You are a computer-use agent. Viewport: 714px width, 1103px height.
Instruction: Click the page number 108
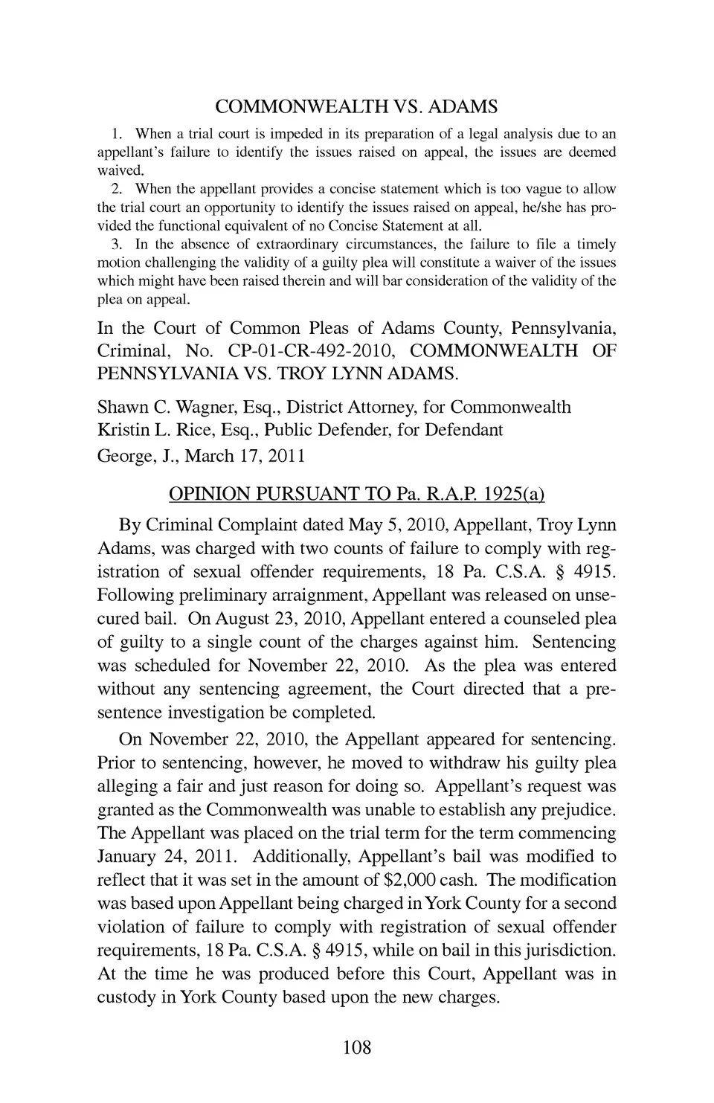tap(356, 1048)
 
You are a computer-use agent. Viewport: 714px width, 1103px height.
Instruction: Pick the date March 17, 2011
tap(245, 455)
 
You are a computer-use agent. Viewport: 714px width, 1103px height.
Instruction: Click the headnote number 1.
tap(116, 135)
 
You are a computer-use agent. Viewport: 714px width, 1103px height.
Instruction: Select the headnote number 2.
tap(116, 189)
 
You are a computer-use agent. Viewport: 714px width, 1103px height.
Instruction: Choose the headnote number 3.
tap(116, 245)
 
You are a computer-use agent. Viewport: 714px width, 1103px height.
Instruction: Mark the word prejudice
tap(577, 810)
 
